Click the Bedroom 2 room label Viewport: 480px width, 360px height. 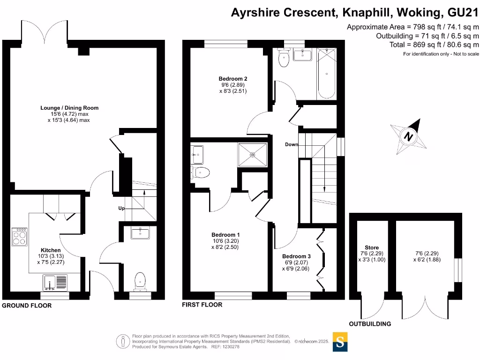(233, 79)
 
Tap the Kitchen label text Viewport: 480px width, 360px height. (51, 250)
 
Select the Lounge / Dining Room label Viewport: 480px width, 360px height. (69, 108)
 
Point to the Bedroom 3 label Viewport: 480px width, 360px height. (296, 256)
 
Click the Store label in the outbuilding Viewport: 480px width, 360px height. (372, 247)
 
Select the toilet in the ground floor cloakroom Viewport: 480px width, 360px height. (140, 281)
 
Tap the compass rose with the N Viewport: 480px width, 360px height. (409, 137)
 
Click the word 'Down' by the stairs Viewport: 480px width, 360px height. (292, 144)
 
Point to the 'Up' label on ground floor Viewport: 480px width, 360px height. (121, 208)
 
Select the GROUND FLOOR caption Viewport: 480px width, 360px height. (27, 306)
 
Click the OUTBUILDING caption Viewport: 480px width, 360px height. (370, 324)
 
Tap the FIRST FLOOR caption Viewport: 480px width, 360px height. (202, 305)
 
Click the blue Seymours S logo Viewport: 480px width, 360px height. (340, 342)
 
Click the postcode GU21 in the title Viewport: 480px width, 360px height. (464, 13)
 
